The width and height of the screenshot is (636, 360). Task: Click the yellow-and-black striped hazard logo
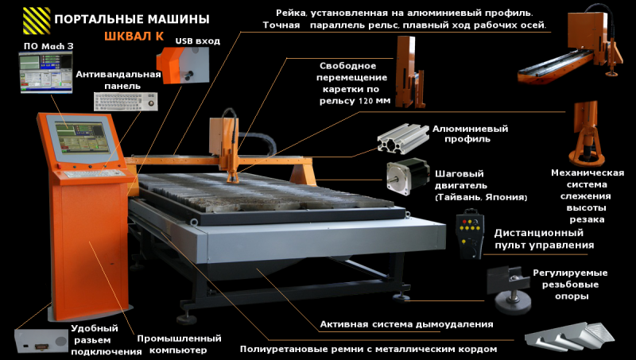coord(37,21)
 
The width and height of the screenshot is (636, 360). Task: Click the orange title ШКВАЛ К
coord(134,36)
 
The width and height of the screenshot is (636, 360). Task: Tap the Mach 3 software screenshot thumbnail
coord(45,72)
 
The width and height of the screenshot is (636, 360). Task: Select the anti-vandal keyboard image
coord(126,102)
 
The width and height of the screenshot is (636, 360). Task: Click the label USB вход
coord(197,41)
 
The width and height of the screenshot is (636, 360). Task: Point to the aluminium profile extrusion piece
coord(403,138)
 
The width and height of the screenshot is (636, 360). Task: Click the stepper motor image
coord(408,176)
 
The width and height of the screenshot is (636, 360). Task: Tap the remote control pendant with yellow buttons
coord(470,234)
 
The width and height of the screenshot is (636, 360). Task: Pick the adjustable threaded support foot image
coord(510,290)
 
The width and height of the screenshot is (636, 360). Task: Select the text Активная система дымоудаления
coord(406,324)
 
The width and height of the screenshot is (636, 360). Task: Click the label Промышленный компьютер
coord(179,344)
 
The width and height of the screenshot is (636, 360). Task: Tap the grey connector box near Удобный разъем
coord(41,341)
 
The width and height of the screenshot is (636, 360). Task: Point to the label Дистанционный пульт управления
coord(544,238)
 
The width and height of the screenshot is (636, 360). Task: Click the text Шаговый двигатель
coord(461,180)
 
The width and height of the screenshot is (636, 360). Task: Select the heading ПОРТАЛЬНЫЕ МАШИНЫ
coord(132,19)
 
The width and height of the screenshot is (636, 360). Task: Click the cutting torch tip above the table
coord(233,179)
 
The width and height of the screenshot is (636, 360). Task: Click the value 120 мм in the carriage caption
coord(373,101)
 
